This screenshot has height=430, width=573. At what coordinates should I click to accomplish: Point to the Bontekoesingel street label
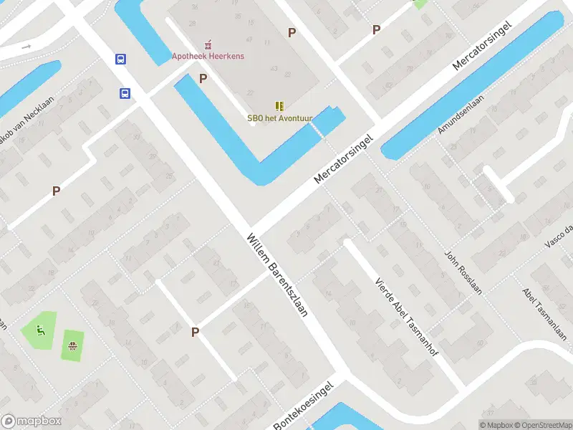[304, 406]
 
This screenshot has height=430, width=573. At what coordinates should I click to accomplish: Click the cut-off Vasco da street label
[559, 236]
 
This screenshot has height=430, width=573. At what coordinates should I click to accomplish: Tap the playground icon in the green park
[40, 330]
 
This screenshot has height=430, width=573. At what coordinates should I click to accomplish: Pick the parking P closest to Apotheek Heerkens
[203, 78]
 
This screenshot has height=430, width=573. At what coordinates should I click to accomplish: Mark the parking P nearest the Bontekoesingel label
[195, 332]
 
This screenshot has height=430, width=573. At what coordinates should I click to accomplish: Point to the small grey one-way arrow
[26, 46]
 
